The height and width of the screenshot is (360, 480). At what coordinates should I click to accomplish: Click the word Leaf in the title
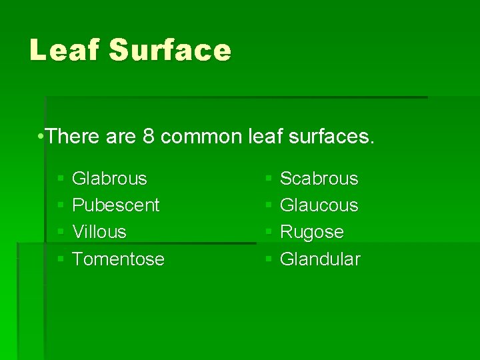point(64,51)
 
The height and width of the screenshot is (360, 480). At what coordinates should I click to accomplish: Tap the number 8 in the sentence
point(149,137)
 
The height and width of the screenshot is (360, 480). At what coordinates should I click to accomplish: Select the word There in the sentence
point(74,137)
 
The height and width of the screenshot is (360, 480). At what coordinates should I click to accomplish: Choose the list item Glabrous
point(109,179)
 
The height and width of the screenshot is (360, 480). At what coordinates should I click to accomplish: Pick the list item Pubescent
point(115,205)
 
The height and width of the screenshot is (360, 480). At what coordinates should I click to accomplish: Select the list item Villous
point(99,232)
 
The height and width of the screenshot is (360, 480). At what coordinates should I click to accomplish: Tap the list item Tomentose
point(118,259)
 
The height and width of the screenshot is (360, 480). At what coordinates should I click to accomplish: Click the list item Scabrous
point(319,179)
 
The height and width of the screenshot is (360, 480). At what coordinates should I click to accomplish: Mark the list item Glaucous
point(319,205)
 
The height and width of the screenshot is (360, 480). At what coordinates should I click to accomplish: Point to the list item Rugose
point(311,232)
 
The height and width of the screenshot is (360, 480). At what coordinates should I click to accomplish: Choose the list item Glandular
point(320,259)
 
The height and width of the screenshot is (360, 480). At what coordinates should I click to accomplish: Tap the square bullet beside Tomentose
point(60,259)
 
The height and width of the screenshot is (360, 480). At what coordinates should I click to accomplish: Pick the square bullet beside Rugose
point(268,233)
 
